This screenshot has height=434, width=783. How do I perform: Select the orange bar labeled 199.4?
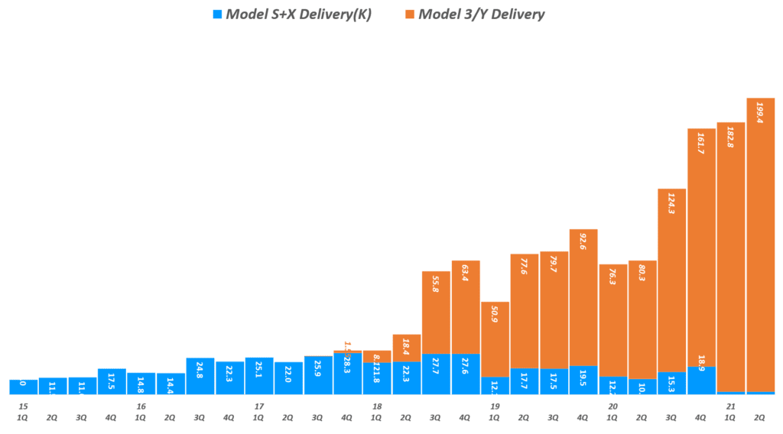[760, 245]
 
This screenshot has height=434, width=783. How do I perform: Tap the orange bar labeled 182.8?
[730, 257]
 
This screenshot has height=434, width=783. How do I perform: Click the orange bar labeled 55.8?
[436, 313]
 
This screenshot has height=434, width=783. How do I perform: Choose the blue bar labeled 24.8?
[200, 376]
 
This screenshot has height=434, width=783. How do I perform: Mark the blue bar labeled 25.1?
[259, 376]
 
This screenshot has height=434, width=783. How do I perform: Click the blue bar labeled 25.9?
[318, 375]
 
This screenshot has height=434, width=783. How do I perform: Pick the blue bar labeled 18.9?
[701, 381]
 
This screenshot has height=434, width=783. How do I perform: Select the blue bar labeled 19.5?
[583, 380]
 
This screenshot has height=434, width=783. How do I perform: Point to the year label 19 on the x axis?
[495, 406]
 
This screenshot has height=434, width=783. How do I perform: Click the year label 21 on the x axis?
[730, 406]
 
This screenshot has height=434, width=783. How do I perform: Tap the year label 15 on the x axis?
[24, 406]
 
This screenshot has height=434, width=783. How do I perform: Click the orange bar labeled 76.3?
[612, 320]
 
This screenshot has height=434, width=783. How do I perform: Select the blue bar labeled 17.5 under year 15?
[112, 381]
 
